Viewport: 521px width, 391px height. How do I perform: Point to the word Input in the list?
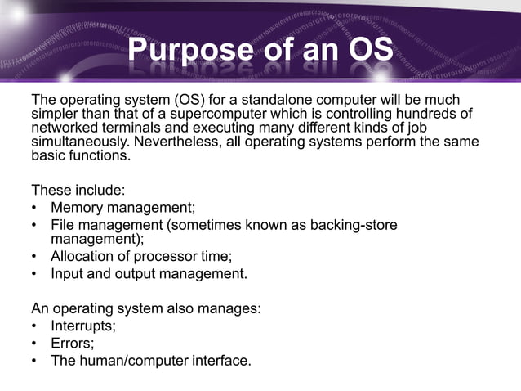68,273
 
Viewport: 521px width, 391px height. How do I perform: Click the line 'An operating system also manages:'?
145,309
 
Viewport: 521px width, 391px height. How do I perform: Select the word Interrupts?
82,326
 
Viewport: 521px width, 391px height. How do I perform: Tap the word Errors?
72,343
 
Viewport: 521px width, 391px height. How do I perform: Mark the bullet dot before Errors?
34,343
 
